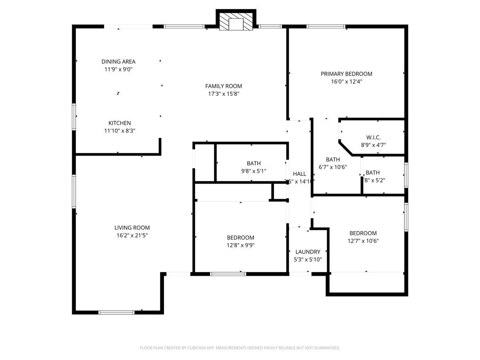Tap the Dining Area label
[x=118, y=62]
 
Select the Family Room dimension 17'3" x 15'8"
[x=224, y=94]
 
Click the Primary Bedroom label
[x=346, y=74]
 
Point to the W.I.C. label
[x=373, y=138]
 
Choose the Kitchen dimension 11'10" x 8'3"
[x=119, y=130]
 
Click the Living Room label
[x=132, y=228]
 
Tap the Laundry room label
[x=308, y=252]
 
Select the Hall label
[x=299, y=174]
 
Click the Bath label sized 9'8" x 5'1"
[x=254, y=163]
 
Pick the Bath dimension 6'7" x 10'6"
[x=332, y=167]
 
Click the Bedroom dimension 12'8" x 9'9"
[x=240, y=245]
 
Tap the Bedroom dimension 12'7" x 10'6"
[x=363, y=241]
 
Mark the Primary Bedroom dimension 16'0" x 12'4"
[x=346, y=81]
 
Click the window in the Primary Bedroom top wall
[x=326, y=27]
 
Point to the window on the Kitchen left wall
[x=74, y=117]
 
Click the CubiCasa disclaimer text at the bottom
[x=240, y=348]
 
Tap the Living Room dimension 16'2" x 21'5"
[x=132, y=236]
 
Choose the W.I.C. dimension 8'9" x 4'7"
[x=373, y=145]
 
